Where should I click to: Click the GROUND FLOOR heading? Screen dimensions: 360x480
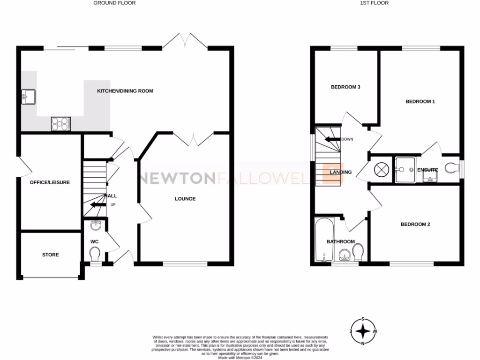click(114, 3)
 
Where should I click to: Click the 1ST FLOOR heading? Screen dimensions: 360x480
click(374, 3)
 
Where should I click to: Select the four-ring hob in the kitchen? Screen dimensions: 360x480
click(60, 123)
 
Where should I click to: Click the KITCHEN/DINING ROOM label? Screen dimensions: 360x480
click(125, 91)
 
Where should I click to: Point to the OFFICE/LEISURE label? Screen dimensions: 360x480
click(50, 182)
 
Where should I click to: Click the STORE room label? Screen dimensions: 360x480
click(51, 255)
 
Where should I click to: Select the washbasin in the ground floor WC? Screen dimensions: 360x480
click(95, 225)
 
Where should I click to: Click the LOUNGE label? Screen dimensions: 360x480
click(185, 199)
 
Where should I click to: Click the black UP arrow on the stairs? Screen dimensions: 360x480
click(97, 204)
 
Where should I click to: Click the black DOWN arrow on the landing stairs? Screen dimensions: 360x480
click(332, 139)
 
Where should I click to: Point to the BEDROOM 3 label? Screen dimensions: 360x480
click(345, 87)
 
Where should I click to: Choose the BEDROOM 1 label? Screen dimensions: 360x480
click(420, 101)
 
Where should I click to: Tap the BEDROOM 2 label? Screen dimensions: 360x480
click(415, 225)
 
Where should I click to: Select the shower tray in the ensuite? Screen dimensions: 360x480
click(405, 169)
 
